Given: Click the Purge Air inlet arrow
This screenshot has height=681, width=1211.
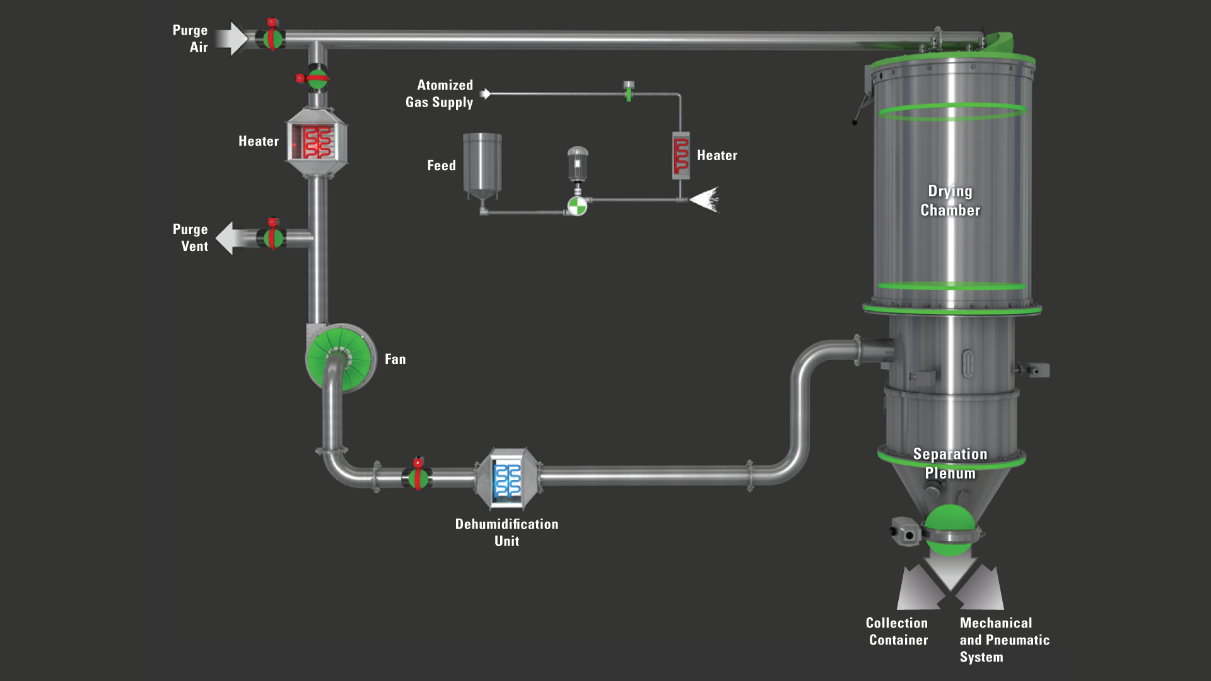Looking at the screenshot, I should [231, 39].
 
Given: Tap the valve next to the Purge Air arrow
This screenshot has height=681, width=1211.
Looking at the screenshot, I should [272, 38].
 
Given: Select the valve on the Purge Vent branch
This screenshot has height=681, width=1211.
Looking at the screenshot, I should [273, 237].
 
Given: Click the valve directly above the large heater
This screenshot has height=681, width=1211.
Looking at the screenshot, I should [317, 79].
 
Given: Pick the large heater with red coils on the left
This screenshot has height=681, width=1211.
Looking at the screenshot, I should [317, 142].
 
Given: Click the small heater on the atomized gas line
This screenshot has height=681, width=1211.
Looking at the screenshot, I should [681, 155].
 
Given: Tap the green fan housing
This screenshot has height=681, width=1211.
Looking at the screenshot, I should [340, 359].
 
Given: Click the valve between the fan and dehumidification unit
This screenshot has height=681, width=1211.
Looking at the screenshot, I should [417, 477].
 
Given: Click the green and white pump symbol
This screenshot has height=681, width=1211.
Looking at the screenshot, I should [577, 206].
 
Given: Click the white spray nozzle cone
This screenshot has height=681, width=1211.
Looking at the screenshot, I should [706, 199].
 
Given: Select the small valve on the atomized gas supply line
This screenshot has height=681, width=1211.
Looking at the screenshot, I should [628, 91].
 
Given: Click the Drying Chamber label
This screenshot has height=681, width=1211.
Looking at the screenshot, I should [950, 201].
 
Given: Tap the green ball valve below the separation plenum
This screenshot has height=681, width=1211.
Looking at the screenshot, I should [949, 530].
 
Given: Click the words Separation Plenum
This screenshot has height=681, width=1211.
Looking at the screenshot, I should [950, 463].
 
